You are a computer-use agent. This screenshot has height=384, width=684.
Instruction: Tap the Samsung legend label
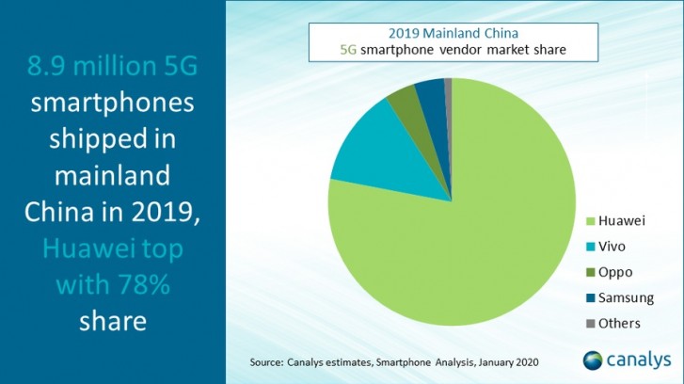628,297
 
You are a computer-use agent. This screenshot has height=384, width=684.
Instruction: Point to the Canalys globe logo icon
595,361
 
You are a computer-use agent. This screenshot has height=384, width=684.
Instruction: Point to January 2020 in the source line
517,361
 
